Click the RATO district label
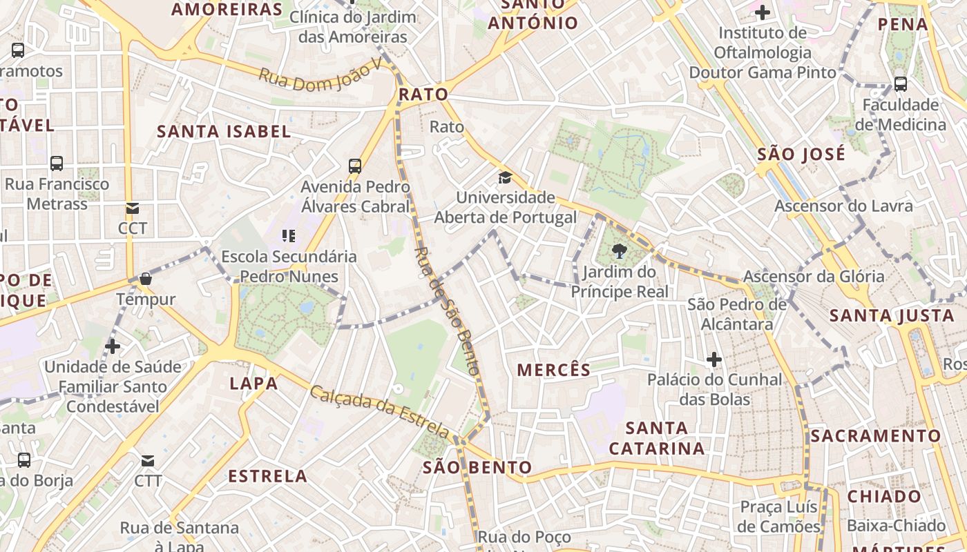pyautogui.click(x=423, y=95)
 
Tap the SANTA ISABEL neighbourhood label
pyautogui.click(x=224, y=131)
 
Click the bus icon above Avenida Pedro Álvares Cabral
pyautogui.click(x=355, y=166)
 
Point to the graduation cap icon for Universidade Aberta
pyautogui.click(x=505, y=177)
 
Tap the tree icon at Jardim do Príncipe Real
pyautogui.click(x=619, y=251)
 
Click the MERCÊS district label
pyautogui.click(x=554, y=370)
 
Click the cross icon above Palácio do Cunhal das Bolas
pyautogui.click(x=714, y=359)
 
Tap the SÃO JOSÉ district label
pyautogui.click(x=801, y=154)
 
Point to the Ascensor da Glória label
pyautogui.click(x=813, y=277)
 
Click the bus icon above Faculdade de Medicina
pyautogui.click(x=901, y=84)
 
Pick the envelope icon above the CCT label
pyautogui.click(x=132, y=208)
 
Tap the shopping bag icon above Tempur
pyautogui.click(x=146, y=279)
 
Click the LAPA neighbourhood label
pyautogui.click(x=253, y=384)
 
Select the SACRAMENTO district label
pyautogui.click(x=876, y=436)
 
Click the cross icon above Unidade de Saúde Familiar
pyautogui.click(x=113, y=346)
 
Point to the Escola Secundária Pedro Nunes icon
pyautogui.click(x=289, y=236)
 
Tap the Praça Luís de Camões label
pyautogui.click(x=779, y=516)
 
